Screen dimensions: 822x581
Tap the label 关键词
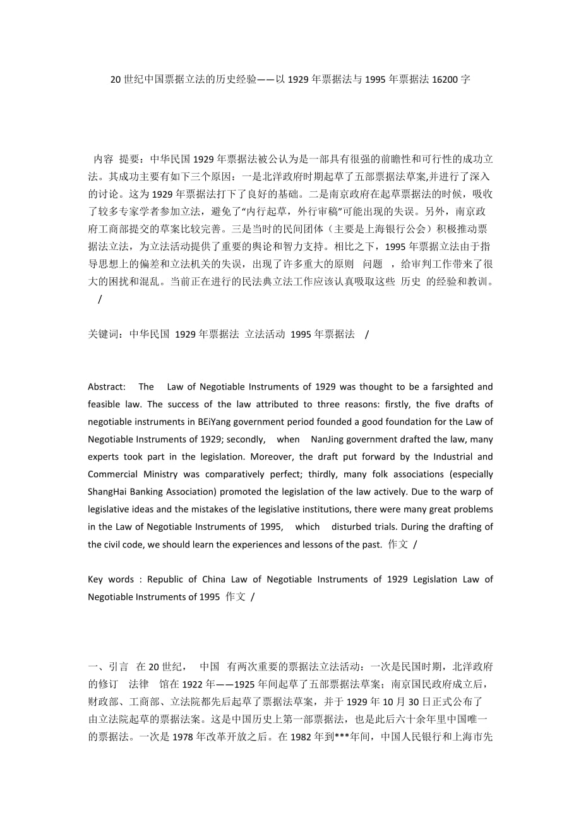tap(106, 334)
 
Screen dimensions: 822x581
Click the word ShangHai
tap(109, 492)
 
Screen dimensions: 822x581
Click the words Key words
tap(111, 579)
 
